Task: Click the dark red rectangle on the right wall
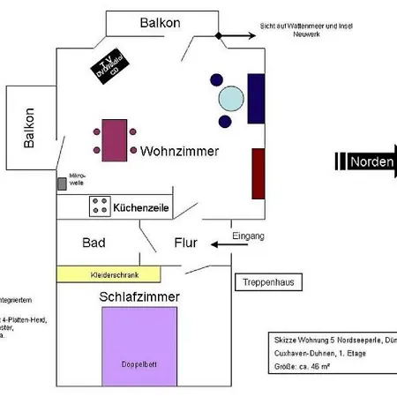(x=258, y=173)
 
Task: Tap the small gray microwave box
(x=62, y=184)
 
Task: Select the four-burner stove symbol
(x=99, y=206)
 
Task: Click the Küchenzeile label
(x=141, y=207)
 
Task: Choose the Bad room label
(x=94, y=243)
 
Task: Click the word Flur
(x=185, y=243)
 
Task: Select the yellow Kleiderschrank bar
(x=109, y=275)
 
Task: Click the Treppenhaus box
(x=270, y=282)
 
